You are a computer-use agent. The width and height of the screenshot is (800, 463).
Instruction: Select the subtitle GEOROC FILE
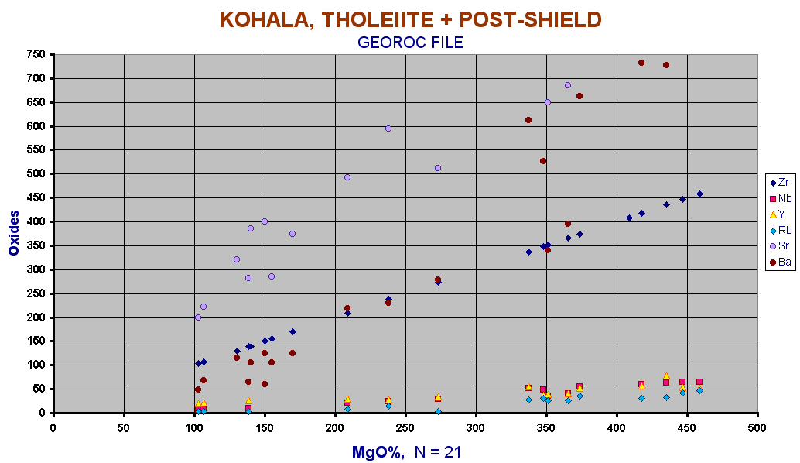coord(410,43)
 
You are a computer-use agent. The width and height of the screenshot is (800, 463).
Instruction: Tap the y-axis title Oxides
coord(14,233)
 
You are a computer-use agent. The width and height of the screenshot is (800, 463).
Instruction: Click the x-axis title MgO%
coord(378,451)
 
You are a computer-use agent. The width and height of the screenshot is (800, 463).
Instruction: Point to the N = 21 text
coord(438,451)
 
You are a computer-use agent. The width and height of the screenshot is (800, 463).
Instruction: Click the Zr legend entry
coord(780,182)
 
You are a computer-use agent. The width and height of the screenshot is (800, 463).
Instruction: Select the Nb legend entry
coord(780,198)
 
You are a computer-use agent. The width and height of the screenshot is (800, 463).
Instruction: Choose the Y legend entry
coord(777,214)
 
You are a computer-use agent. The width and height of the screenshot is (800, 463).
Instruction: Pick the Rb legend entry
coord(780,230)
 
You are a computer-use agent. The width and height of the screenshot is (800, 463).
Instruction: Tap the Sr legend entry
coord(780,246)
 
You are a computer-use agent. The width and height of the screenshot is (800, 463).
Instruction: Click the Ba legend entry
coord(780,262)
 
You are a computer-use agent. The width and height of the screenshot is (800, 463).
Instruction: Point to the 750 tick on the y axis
coord(36,54)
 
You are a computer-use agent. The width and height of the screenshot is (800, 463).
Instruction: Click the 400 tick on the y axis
coord(36,221)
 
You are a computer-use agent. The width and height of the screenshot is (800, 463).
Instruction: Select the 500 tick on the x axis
coord(757,428)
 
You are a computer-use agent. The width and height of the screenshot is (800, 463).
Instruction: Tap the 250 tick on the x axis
coord(405,428)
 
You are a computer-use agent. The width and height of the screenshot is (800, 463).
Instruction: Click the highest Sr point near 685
coord(568,85)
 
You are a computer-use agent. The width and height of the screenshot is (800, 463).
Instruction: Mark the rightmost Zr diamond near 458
coord(699,194)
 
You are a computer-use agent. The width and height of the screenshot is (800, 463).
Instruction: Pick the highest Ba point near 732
coord(641,63)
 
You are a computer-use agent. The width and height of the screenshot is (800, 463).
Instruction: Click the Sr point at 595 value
coord(388,129)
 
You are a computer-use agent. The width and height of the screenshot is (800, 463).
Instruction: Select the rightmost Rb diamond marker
coord(699,390)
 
